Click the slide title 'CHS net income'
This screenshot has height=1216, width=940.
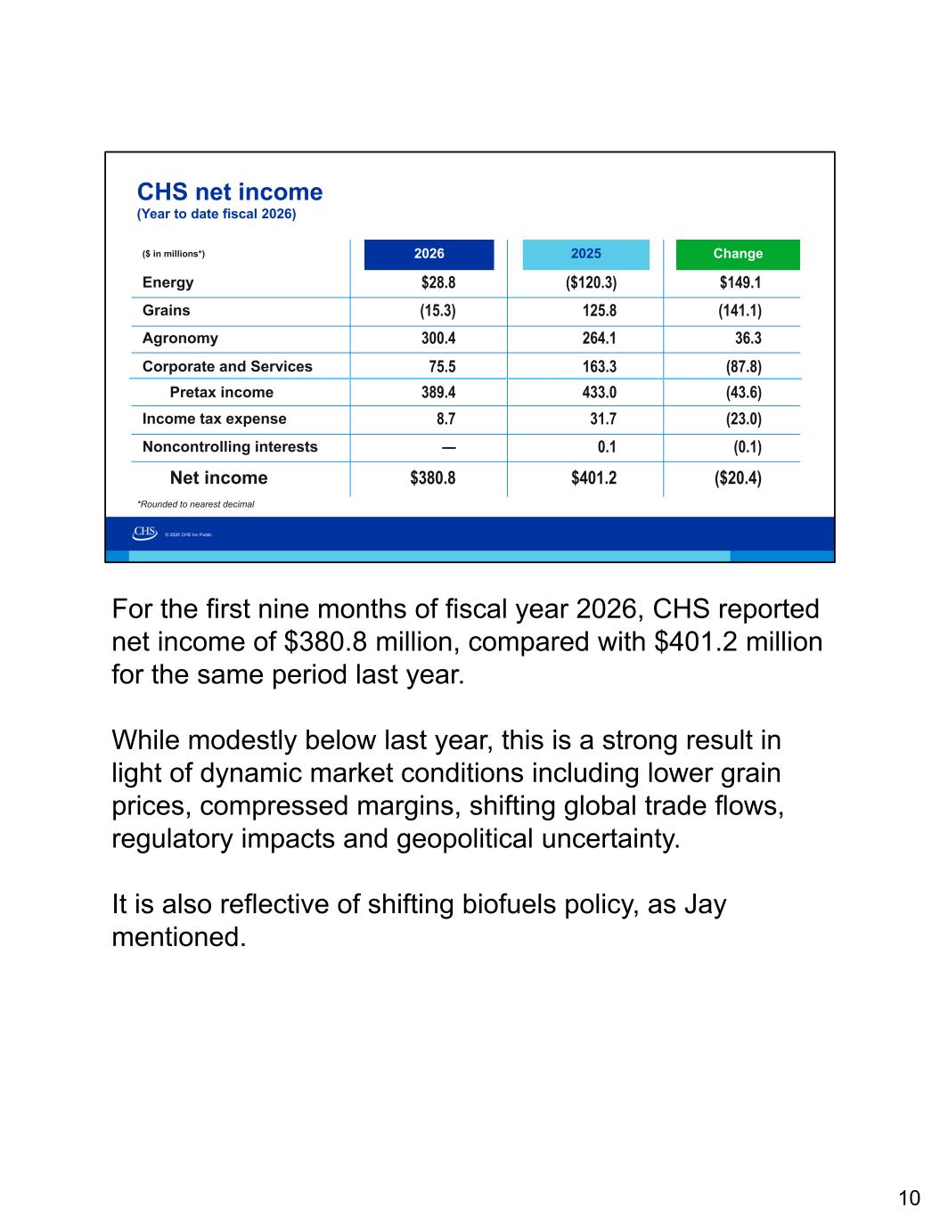(230, 192)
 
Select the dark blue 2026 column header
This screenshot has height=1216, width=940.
(429, 255)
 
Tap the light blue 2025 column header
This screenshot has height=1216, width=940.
(585, 255)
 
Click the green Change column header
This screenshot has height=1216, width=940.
(738, 255)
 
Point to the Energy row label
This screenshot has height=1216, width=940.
(168, 282)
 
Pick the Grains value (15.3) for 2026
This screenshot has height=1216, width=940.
(438, 311)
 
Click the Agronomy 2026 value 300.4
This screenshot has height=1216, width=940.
(438, 338)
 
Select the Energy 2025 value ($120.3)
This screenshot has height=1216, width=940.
(591, 282)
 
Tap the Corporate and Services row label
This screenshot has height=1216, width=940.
(227, 366)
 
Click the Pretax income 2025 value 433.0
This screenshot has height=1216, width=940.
(600, 392)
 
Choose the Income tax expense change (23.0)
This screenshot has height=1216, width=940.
(744, 419)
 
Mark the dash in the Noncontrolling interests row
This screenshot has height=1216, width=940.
(449, 448)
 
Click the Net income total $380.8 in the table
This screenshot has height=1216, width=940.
(432, 477)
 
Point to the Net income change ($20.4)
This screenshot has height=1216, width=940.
(738, 477)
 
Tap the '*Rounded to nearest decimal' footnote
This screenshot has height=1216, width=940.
(196, 504)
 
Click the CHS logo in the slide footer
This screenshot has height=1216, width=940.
(145, 533)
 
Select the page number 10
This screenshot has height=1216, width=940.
(909, 1198)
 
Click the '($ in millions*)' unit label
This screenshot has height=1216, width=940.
(174, 254)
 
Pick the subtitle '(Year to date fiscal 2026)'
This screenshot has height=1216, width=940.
(217, 215)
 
